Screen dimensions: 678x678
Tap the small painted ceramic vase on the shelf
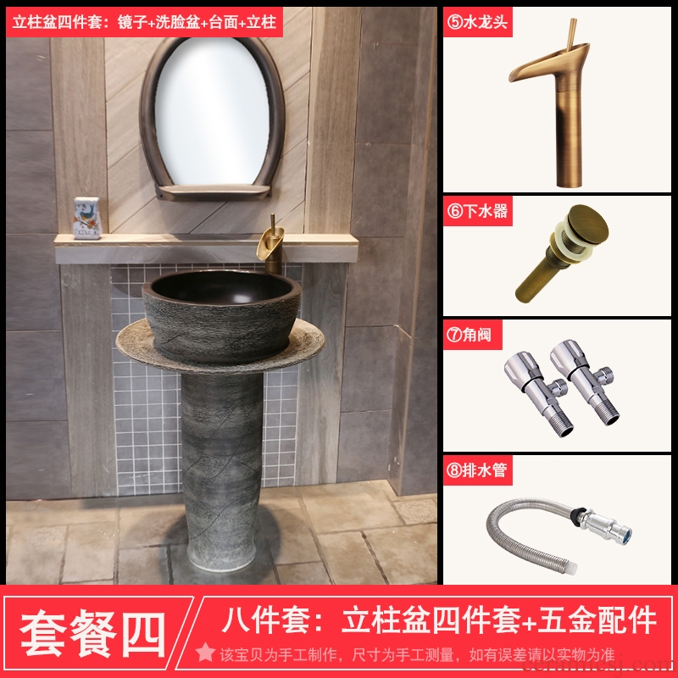point(86,218)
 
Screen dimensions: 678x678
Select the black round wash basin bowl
point(221,314)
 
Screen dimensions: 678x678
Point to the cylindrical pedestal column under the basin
point(222,471)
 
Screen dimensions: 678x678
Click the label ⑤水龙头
point(477,22)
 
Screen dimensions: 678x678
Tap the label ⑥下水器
point(477,211)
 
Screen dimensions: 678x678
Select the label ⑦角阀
point(470,334)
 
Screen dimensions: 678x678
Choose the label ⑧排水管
point(477,470)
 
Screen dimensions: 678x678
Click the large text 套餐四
point(93,633)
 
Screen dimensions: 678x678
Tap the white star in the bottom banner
point(205,653)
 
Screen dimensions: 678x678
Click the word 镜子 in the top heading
point(132,22)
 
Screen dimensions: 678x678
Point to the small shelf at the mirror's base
point(214,192)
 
